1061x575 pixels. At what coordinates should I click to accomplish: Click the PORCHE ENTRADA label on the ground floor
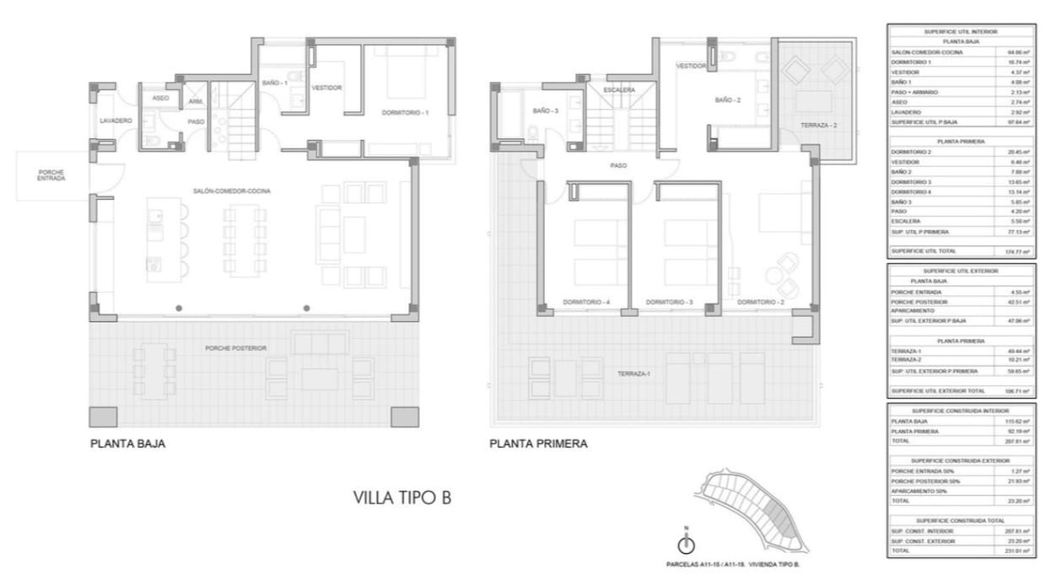tap(51, 175)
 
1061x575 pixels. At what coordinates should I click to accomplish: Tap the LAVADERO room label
tap(116, 121)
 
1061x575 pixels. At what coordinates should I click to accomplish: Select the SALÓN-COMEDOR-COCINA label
tap(232, 191)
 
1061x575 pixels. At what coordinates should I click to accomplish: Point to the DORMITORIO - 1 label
tap(406, 113)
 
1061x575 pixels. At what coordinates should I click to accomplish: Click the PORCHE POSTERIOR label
tap(235, 348)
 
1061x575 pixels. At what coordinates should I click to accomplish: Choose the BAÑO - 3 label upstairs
tap(545, 111)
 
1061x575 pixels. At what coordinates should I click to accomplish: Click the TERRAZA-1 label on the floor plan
tap(633, 373)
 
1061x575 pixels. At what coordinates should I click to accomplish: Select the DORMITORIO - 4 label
tap(586, 302)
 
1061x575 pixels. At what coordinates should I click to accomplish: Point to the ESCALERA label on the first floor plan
tap(619, 90)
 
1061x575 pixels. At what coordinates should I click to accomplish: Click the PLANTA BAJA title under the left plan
tap(127, 443)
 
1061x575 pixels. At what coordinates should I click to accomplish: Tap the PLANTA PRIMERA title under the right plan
tap(538, 443)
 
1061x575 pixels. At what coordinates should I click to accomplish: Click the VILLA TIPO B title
tap(401, 498)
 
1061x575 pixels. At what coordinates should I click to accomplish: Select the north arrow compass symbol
tap(686, 545)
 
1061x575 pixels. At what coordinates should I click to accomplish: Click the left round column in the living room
tap(179, 309)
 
